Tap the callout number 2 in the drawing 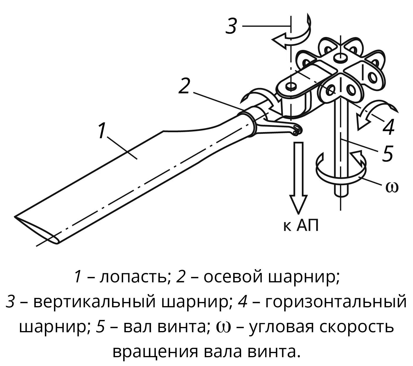(184, 86)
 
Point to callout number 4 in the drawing (389, 127)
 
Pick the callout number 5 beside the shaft (387, 154)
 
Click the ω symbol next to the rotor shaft (392, 187)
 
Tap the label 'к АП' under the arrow (301, 226)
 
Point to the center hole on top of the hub (340, 57)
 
